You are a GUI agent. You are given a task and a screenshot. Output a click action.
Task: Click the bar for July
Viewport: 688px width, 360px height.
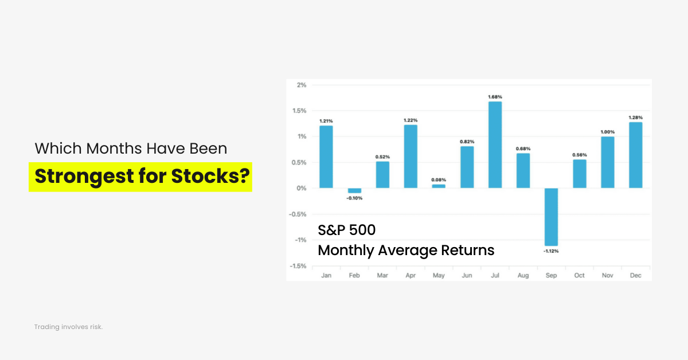tap(495, 145)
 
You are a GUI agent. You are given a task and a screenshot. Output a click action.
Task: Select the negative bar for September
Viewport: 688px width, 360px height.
tap(551, 217)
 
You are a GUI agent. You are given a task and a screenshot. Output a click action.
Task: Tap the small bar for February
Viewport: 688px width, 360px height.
tap(355, 190)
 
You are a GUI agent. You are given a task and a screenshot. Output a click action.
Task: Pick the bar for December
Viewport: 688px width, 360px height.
tap(635, 155)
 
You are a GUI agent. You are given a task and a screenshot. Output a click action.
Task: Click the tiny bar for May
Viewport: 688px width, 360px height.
tap(439, 186)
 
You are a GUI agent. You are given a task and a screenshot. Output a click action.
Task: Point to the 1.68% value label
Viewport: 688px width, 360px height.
tap(495, 97)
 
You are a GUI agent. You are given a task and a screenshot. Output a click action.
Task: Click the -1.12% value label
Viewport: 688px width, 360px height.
tap(551, 251)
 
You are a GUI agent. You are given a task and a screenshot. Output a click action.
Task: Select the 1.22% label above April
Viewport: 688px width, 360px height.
tap(411, 120)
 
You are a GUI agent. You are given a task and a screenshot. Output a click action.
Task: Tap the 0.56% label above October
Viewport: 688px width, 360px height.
tap(579, 154)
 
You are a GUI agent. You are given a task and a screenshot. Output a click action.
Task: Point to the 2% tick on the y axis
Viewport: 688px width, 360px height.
tap(302, 85)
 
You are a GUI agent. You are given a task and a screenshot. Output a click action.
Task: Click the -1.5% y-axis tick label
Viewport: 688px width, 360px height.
tap(299, 266)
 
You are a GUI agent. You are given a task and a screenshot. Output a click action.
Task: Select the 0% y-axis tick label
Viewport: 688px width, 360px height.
tap(302, 188)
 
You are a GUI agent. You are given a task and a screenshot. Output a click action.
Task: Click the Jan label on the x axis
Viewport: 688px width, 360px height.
tap(326, 276)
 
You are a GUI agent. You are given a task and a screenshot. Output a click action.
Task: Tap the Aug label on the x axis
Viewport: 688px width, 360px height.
tap(523, 276)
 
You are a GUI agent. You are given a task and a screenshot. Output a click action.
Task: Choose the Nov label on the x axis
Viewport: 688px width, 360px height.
tap(607, 276)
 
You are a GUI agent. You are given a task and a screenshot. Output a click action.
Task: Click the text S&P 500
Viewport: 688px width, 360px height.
tap(347, 230)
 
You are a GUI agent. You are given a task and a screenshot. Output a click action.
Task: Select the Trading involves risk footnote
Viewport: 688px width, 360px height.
tap(68, 327)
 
